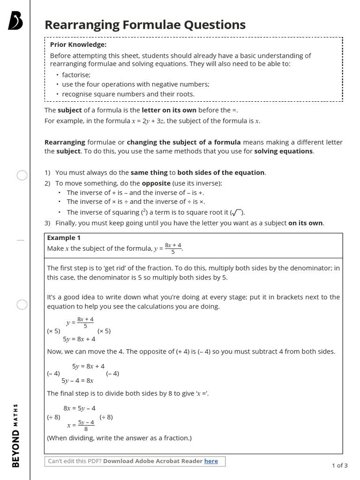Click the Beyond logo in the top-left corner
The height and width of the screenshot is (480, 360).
tap(16, 22)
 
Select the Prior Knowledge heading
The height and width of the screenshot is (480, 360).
tap(78, 45)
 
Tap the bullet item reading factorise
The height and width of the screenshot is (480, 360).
tap(76, 75)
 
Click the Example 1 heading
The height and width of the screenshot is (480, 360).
tap(64, 238)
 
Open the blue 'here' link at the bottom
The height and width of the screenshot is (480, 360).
tap(211, 461)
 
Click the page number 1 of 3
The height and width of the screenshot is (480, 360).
tap(339, 465)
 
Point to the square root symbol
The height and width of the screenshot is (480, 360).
tap(236, 212)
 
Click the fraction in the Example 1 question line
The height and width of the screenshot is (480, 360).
tap(173, 248)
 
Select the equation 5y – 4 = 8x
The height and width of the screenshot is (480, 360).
tap(78, 381)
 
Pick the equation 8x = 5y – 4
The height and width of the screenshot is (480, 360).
tap(79, 408)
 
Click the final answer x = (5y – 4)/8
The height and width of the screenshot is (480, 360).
tap(81, 425)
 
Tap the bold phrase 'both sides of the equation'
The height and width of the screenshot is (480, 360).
tap(221, 172)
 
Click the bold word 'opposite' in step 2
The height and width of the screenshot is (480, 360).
tap(156, 183)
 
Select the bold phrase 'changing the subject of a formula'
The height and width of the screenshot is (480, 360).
tap(184, 142)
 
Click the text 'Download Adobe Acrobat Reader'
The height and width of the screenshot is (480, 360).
tap(153, 461)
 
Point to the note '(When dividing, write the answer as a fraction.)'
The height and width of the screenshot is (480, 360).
tap(120, 438)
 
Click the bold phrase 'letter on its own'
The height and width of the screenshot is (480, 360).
tap(169, 110)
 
